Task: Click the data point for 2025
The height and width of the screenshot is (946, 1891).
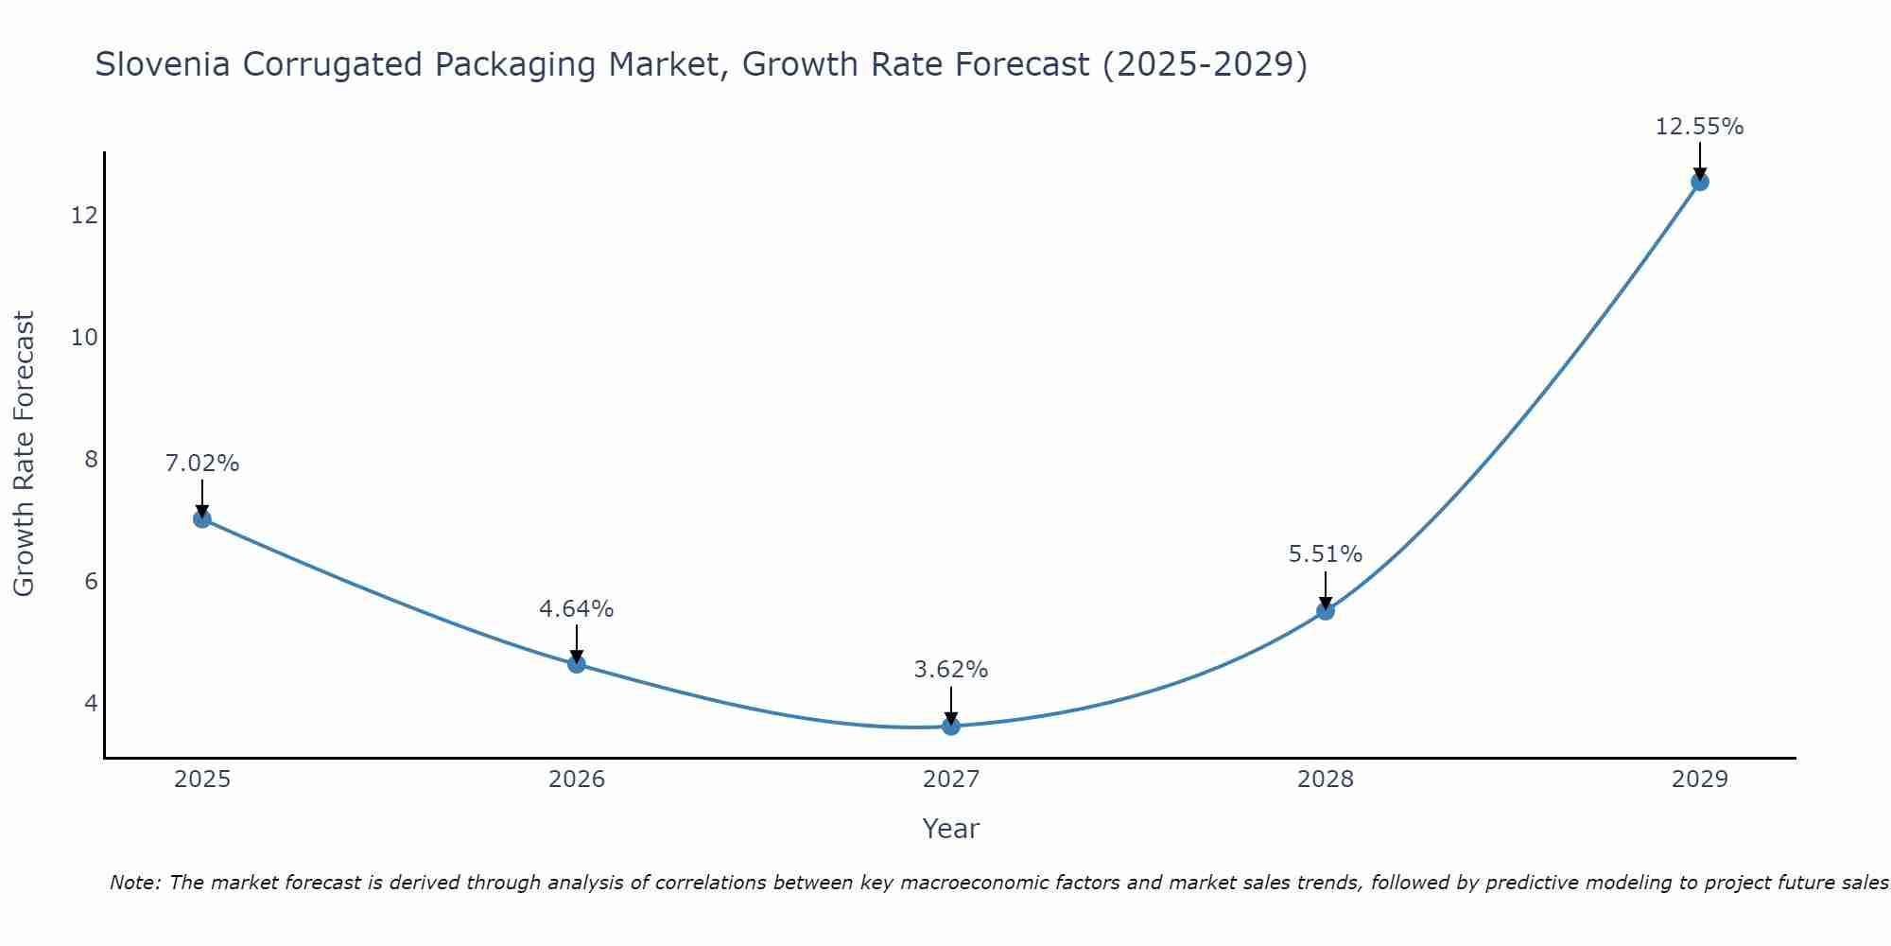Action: tap(201, 518)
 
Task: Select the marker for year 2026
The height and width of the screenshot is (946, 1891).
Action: tap(577, 664)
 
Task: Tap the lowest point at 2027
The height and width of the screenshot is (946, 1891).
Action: tap(951, 727)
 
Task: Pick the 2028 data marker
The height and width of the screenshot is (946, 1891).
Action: tap(1326, 611)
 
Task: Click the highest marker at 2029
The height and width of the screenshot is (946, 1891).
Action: tap(1700, 182)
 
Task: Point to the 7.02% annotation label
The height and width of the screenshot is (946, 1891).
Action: tap(202, 464)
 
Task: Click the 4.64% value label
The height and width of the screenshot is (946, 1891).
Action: tap(577, 609)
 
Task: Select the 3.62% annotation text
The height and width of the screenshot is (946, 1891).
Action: tap(951, 670)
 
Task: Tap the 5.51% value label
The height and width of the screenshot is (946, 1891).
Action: tap(1326, 554)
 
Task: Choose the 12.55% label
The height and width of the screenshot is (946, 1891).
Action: tap(1699, 127)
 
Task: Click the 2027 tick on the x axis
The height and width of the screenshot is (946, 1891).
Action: tap(951, 780)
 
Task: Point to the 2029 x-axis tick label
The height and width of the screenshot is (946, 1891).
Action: tap(1700, 780)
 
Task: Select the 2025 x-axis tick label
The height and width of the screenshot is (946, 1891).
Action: tap(202, 780)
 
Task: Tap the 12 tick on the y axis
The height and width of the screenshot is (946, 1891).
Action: tap(84, 216)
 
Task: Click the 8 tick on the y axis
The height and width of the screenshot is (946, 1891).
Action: tap(91, 460)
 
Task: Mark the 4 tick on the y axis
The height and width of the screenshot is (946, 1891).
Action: tap(91, 703)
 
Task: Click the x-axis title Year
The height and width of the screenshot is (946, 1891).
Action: tap(951, 829)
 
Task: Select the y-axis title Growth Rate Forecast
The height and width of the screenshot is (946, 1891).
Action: tap(25, 454)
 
